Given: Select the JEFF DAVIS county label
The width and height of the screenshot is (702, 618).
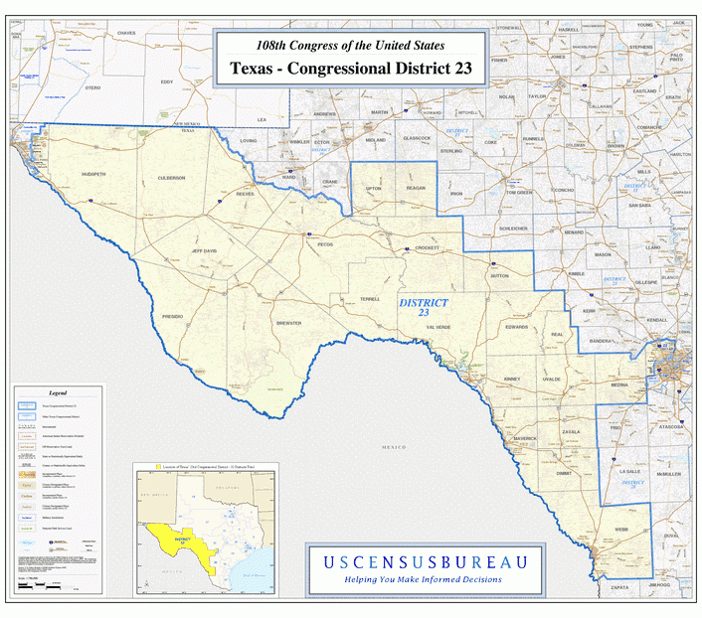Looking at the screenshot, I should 204,250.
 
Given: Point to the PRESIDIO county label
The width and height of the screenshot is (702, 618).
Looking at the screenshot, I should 172,315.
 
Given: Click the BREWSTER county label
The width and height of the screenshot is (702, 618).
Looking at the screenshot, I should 288,323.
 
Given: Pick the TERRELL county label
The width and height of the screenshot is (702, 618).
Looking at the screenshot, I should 370,298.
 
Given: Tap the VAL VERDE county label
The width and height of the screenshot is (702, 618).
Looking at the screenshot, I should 439,326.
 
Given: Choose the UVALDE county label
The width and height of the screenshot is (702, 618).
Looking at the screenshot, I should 552,380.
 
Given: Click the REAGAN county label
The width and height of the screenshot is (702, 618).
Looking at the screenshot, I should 416,188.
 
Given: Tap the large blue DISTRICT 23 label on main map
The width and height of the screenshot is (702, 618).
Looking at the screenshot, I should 424,307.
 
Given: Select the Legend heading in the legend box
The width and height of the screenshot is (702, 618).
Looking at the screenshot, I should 58,393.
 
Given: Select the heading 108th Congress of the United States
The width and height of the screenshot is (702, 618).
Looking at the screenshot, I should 350,45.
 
